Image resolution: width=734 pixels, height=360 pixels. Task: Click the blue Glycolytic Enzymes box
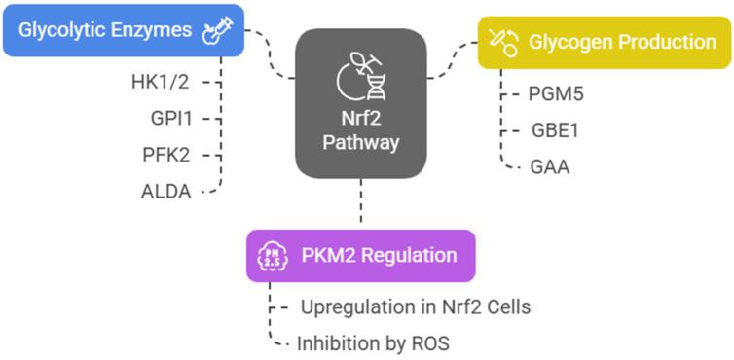pyautogui.click(x=122, y=30)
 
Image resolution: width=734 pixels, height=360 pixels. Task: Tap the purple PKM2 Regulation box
pyautogui.click(x=360, y=256)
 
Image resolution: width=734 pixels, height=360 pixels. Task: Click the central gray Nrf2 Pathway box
pyautogui.click(x=360, y=104)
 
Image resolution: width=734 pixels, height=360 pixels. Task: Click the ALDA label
pyautogui.click(x=167, y=190)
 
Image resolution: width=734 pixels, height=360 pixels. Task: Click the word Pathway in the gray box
pyautogui.click(x=360, y=142)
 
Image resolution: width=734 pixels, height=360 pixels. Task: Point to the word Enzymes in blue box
pyautogui.click(x=153, y=30)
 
